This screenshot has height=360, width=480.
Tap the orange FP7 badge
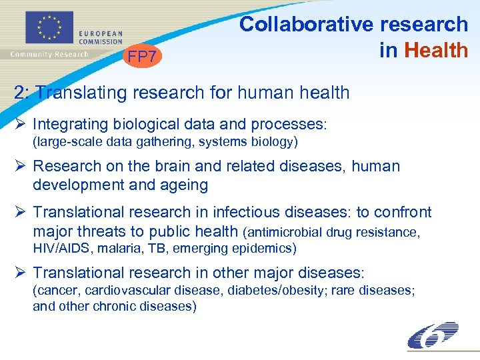143,57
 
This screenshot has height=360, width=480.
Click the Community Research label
50,54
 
